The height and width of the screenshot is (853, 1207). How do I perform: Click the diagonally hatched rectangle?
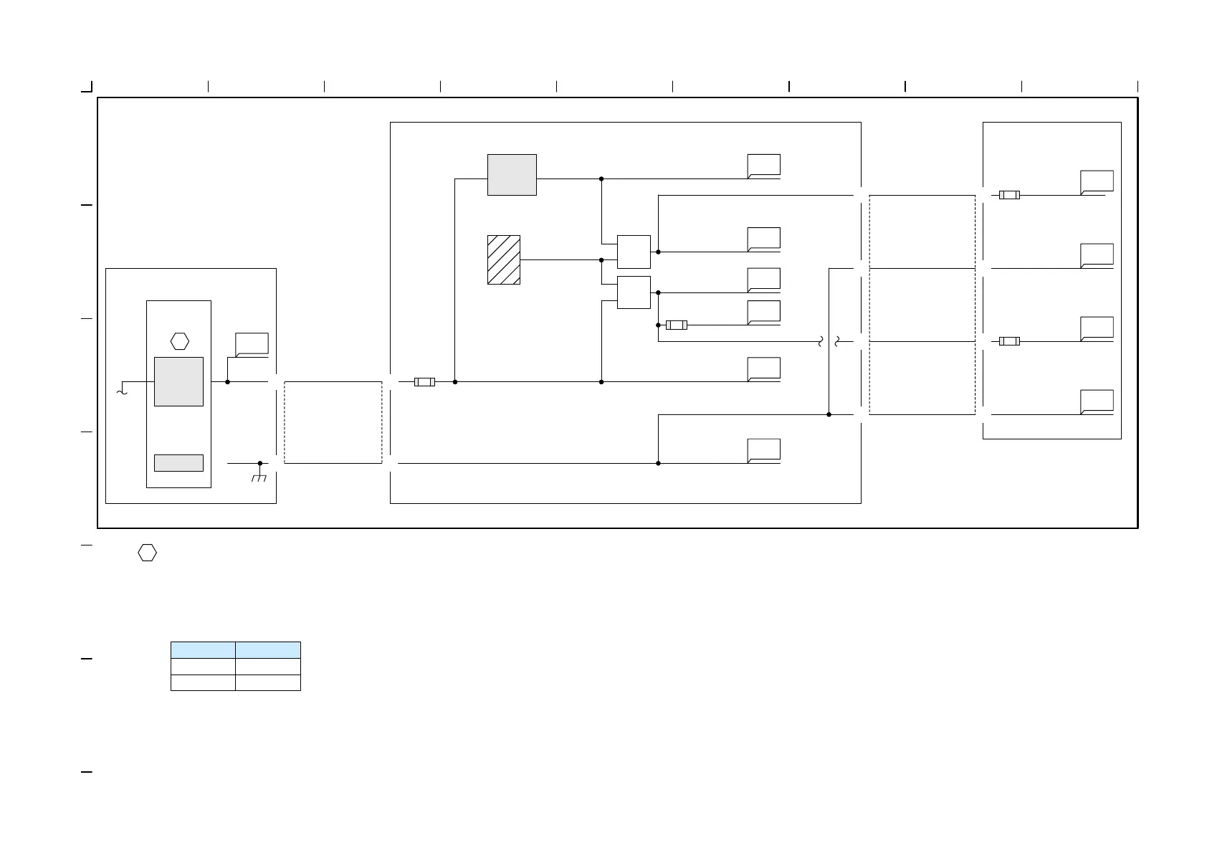pyautogui.click(x=503, y=259)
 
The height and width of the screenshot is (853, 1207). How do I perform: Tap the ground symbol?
pyautogui.click(x=259, y=477)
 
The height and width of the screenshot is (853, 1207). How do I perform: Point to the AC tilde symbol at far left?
pyautogui.click(x=121, y=391)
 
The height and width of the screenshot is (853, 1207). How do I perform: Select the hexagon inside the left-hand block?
pyautogui.click(x=179, y=341)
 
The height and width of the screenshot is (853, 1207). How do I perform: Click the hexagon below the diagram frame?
pyautogui.click(x=147, y=553)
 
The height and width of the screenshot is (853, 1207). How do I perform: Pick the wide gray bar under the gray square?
pyautogui.click(x=178, y=463)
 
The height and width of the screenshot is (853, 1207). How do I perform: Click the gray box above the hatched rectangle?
pyautogui.click(x=512, y=174)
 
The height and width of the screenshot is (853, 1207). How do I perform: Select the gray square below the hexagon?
pyautogui.click(x=178, y=381)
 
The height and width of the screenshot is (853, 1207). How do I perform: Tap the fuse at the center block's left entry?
pyautogui.click(x=424, y=382)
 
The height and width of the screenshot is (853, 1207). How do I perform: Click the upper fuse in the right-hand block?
pyautogui.click(x=1009, y=195)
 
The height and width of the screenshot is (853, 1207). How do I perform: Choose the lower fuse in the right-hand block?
pyautogui.click(x=1009, y=341)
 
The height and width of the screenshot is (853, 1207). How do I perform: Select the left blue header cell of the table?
pyautogui.click(x=203, y=650)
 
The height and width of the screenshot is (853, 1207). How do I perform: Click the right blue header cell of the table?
pyautogui.click(x=268, y=650)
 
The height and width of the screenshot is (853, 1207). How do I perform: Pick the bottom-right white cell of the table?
pyautogui.click(x=268, y=682)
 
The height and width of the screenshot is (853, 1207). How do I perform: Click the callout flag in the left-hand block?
pyautogui.click(x=252, y=344)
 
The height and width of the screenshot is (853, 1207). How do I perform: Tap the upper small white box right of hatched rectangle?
pyautogui.click(x=634, y=252)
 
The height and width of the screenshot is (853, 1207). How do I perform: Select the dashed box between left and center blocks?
pyautogui.click(x=333, y=422)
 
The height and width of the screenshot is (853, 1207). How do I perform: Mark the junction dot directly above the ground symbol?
pyautogui.click(x=259, y=463)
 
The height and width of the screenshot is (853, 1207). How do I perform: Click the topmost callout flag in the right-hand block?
pyautogui.click(x=1097, y=182)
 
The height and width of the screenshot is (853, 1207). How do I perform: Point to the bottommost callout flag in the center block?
pyautogui.click(x=763, y=450)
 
